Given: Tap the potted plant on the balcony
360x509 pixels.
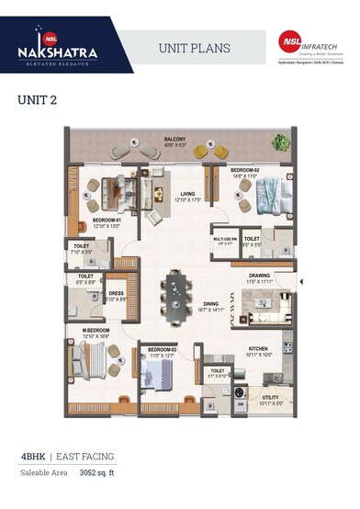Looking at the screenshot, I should (x=279, y=142).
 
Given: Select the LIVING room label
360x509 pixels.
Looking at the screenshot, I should (x=188, y=194).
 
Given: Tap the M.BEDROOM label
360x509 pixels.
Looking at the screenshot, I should (x=96, y=331).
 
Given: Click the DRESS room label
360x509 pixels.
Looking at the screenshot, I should (x=116, y=294).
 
